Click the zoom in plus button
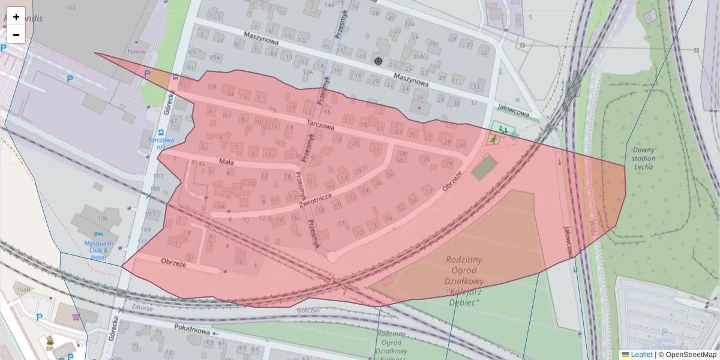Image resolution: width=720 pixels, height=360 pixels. tap(16, 16)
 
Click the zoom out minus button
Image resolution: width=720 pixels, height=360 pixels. tap(16, 34)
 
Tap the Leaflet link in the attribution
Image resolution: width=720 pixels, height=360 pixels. tap(641, 355)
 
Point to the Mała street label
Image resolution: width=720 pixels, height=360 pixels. tap(226, 161)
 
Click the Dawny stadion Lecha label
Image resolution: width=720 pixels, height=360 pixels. tap(643, 158)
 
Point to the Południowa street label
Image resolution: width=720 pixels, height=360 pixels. tap(191, 331)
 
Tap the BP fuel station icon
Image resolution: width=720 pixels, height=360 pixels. tap(50, 341)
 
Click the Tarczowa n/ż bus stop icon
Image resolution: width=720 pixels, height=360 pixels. tap(160, 132)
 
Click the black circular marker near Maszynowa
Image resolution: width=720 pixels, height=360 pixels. tap(378, 61)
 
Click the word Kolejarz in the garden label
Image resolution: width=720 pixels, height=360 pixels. tap(461, 293)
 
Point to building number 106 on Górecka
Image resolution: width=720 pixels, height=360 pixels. tap(103, 218)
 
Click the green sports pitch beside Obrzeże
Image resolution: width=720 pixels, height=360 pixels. tap(484, 167)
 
